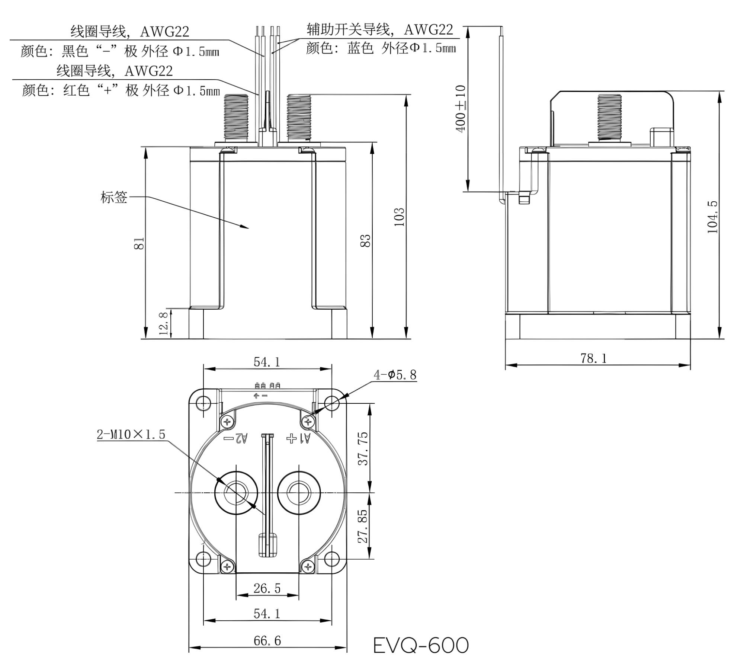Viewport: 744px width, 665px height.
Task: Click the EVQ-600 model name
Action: coord(420,645)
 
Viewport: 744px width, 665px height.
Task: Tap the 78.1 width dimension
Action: coord(593,358)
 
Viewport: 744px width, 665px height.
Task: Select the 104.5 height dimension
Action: coord(712,217)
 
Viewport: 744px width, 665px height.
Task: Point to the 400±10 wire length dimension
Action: coord(461,108)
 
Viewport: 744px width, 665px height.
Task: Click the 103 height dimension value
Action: coord(399,217)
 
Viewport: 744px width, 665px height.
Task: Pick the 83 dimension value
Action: coord(366,241)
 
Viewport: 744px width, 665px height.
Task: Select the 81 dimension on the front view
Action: coord(139,243)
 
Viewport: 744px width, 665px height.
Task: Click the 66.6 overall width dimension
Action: coord(267,640)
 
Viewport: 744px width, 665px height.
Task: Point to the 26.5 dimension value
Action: coord(267,588)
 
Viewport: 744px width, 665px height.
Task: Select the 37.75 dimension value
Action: coord(363,448)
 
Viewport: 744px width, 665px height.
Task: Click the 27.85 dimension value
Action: coord(362,526)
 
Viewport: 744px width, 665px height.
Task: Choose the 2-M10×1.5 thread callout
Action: coord(131,434)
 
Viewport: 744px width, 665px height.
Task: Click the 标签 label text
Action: coord(114,197)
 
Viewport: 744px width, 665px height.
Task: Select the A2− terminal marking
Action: coord(235,438)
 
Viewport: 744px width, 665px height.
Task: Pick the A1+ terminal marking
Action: coord(298,438)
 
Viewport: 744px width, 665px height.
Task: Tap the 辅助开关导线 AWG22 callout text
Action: coord(380,29)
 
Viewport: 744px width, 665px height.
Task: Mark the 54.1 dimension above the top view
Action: coord(267,362)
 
